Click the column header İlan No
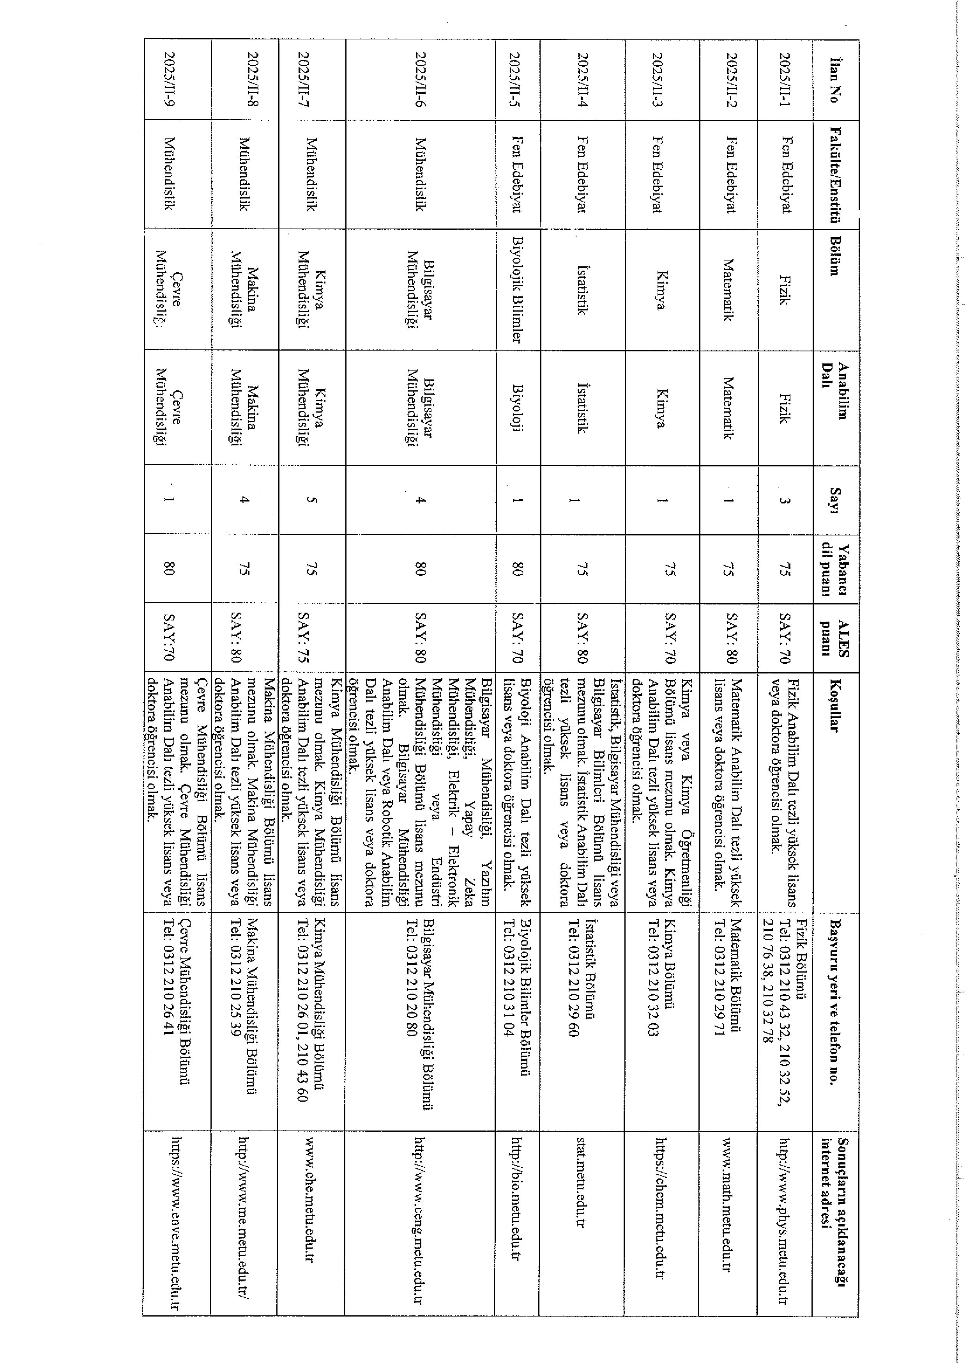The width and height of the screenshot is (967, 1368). [835, 79]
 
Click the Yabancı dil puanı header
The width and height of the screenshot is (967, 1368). [835, 569]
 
